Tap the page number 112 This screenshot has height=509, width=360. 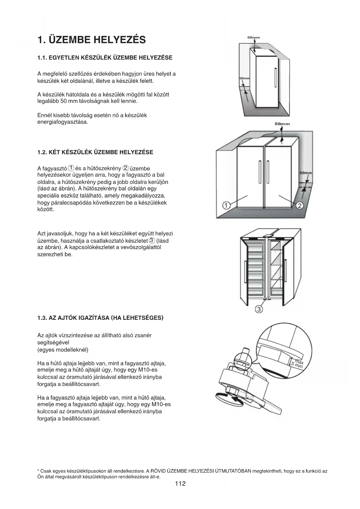pyautogui.click(x=180, y=483)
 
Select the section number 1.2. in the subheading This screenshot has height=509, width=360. pyautogui.click(x=42, y=152)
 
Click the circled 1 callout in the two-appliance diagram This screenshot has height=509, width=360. pyautogui.click(x=226, y=206)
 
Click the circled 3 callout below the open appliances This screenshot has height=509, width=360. pyautogui.click(x=259, y=309)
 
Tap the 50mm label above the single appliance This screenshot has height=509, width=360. pyautogui.click(x=254, y=37)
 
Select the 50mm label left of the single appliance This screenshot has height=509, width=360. pyautogui.click(x=244, y=79)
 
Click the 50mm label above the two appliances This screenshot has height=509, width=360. pyautogui.click(x=282, y=124)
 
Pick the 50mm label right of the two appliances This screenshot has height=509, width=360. pyautogui.click(x=305, y=173)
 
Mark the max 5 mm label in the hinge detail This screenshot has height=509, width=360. pyautogui.click(x=298, y=364)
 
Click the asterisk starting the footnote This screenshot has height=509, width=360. pyautogui.click(x=38, y=471)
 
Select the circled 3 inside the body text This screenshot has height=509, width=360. pyautogui.click(x=152, y=241)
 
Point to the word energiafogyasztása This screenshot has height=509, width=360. pyautogui.click(x=63, y=122)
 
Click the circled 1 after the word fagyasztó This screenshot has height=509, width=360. pyautogui.click(x=71, y=168)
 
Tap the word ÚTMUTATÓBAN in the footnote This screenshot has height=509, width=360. pyautogui.click(x=233, y=471)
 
